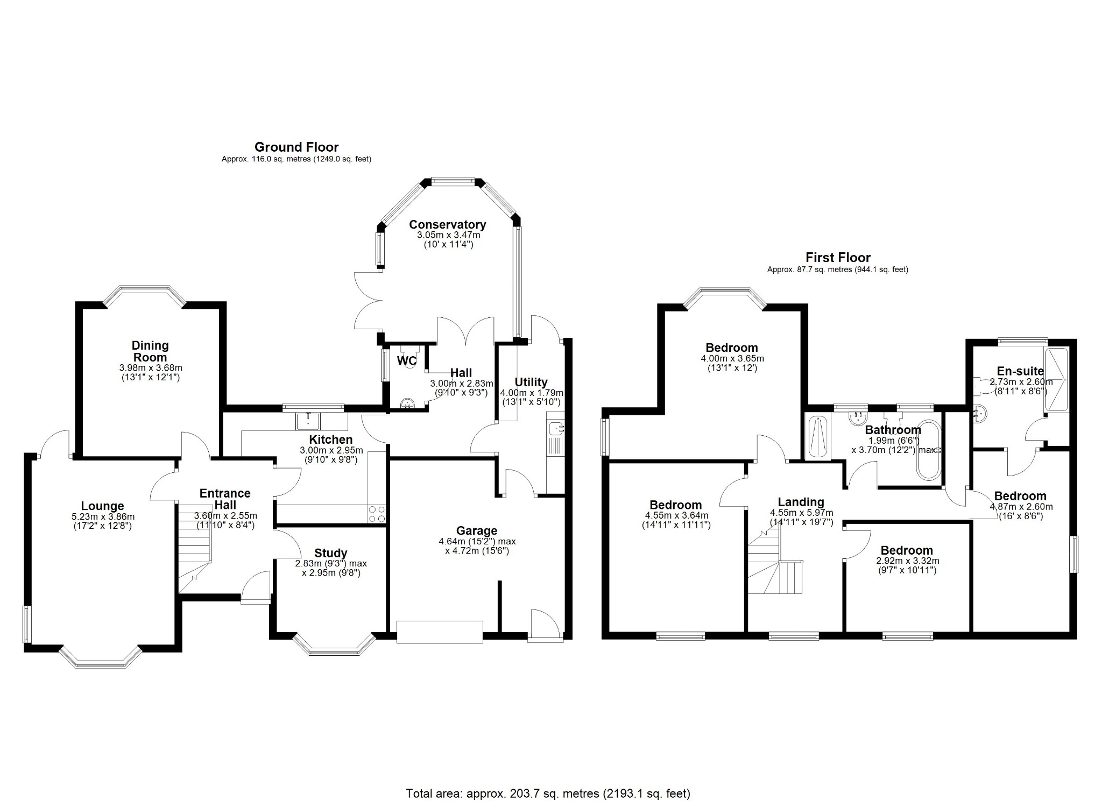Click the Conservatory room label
click(447, 224)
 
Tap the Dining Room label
click(150, 351)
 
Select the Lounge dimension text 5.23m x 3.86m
click(102, 516)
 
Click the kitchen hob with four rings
click(377, 514)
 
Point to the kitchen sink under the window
click(308, 421)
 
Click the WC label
click(406, 360)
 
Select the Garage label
click(476, 531)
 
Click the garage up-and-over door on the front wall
click(440, 632)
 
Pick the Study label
click(330, 553)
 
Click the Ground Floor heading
click(296, 147)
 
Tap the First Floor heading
click(837, 257)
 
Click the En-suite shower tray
click(1056, 380)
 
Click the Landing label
click(801, 502)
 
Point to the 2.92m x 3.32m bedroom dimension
click(907, 561)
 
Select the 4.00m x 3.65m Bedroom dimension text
click(732, 358)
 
